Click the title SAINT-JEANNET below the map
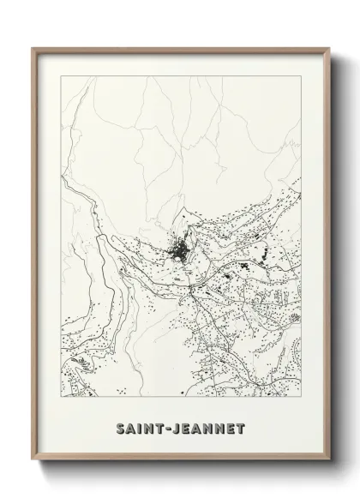[181, 424]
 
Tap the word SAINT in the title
[141, 424]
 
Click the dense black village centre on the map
[179, 252]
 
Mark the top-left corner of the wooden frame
[33, 48]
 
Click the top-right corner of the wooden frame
[327, 48]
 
